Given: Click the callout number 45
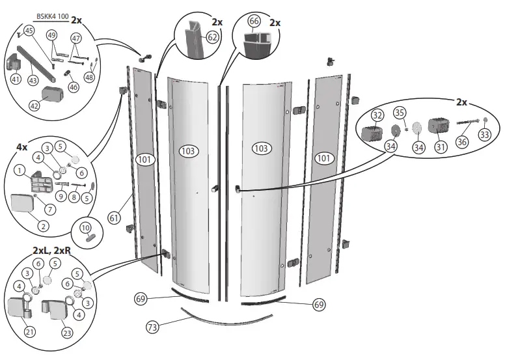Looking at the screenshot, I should click(29, 31).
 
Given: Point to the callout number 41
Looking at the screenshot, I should click(16, 78).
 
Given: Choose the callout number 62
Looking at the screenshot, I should click(212, 37).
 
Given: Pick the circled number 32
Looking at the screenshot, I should click(377, 115).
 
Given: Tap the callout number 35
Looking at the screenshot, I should click(400, 112).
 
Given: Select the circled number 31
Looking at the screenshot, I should click(441, 148).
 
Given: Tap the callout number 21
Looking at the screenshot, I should click(29, 332).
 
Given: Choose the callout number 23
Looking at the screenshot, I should click(67, 332).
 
